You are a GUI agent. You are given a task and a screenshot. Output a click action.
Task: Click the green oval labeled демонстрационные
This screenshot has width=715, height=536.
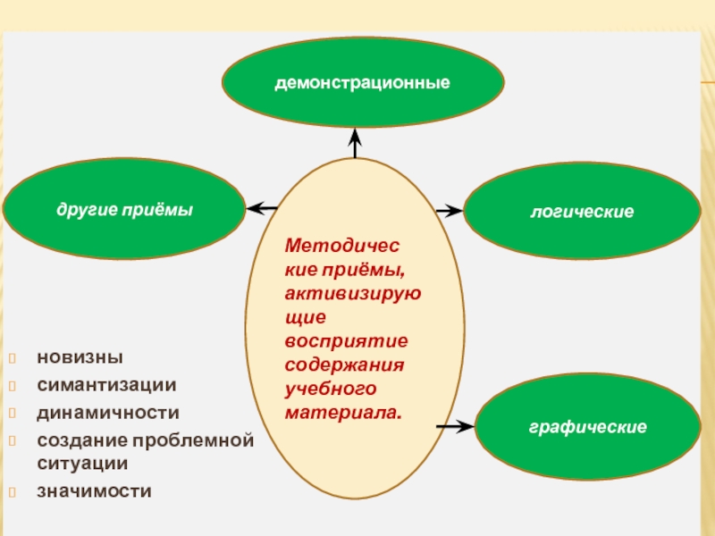pyautogui.click(x=362, y=82)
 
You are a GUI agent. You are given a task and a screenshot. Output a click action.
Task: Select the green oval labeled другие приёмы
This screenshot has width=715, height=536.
pyautogui.click(x=124, y=209)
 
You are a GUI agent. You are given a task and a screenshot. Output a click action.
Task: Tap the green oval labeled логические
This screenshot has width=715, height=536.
pyautogui.click(x=582, y=212)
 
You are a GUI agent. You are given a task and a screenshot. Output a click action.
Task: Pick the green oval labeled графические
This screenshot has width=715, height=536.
pyautogui.click(x=587, y=427)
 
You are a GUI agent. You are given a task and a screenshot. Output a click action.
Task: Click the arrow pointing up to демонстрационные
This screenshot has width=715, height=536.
pyautogui.click(x=355, y=143)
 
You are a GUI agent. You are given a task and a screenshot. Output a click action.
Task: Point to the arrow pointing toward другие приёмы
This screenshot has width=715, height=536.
pyautogui.click(x=261, y=209)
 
